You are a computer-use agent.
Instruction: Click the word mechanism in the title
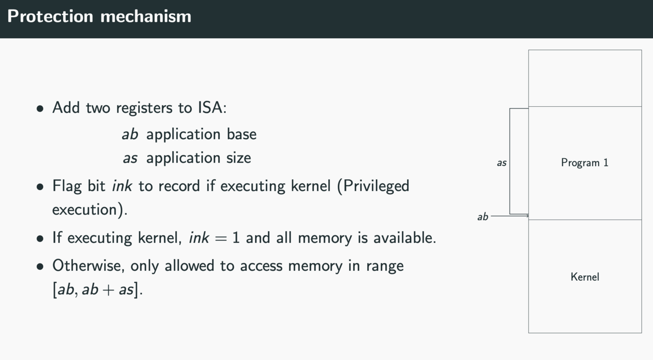pos(145,16)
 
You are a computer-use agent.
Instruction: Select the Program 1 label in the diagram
pos(584,163)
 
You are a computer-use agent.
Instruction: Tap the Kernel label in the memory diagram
pos(584,277)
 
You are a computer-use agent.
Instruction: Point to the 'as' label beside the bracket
pos(502,163)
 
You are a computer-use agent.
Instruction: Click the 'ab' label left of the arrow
pos(483,216)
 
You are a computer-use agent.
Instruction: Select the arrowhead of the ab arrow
pos(527,216)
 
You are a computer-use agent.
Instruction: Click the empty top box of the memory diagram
pos(584,78)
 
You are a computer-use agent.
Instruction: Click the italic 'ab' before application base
pos(130,134)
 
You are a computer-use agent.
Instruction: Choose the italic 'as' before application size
pos(130,158)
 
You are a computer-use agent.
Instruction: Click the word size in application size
pos(239,158)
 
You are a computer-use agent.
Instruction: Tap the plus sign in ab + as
pos(109,290)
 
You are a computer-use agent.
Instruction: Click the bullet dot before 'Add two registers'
pos(40,108)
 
